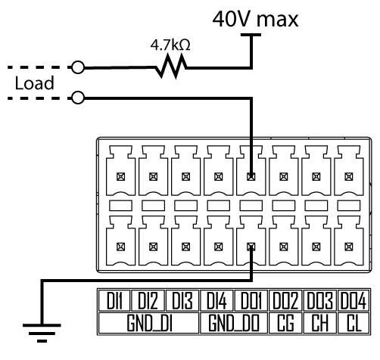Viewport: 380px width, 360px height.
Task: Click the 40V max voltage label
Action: (x=255, y=19)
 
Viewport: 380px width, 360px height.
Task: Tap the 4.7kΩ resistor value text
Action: (x=170, y=45)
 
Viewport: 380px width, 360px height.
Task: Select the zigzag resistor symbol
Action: (x=171, y=67)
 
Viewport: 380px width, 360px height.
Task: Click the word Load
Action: (x=35, y=82)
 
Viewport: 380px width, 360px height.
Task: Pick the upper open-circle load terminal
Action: (x=78, y=67)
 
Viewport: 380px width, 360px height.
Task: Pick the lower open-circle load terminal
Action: (x=78, y=98)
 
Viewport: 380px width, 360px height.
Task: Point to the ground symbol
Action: (x=42, y=333)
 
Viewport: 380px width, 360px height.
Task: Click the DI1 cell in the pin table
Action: (x=114, y=300)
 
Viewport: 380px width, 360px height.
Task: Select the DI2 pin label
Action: (x=148, y=300)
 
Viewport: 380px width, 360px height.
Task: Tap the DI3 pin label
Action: (x=182, y=300)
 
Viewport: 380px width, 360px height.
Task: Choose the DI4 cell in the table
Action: (x=216, y=300)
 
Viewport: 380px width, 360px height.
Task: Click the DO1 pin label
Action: (x=251, y=300)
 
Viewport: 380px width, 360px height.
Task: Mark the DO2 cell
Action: (x=285, y=300)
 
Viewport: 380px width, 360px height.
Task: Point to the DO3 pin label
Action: (x=320, y=300)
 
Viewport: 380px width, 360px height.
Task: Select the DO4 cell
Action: (x=354, y=300)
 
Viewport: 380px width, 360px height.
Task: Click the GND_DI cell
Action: (x=149, y=323)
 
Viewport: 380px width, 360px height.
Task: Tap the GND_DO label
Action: (x=234, y=323)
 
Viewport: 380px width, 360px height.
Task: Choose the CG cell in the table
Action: (x=285, y=323)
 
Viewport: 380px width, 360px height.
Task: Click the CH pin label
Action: (x=320, y=323)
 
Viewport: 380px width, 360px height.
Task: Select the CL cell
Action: (x=354, y=323)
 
